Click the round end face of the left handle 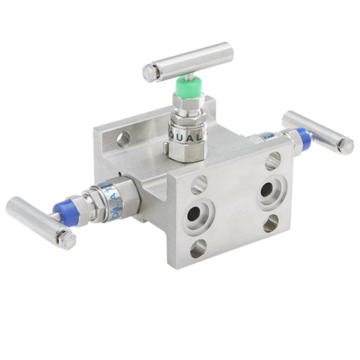(x=68, y=238)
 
